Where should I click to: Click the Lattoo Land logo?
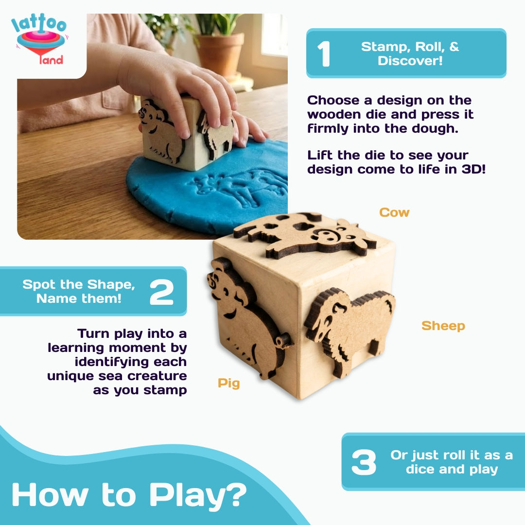[x=39, y=41]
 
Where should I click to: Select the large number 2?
[x=161, y=292]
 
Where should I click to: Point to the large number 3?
[x=364, y=462]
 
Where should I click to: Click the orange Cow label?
[x=394, y=212]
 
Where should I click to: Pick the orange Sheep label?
[x=443, y=326]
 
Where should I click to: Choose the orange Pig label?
[x=228, y=383]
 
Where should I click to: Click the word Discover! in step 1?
[x=410, y=61]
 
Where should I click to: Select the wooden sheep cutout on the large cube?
[x=350, y=326]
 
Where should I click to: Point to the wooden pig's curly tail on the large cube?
[x=283, y=340]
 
